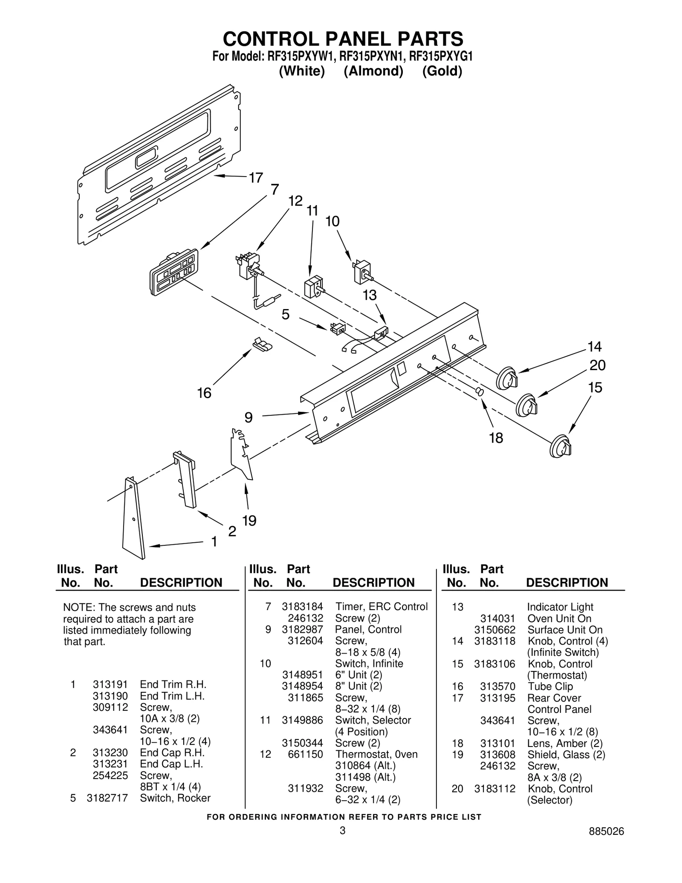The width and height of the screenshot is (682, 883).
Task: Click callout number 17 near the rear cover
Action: [256, 178]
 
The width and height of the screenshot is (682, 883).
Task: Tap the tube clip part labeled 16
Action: [262, 344]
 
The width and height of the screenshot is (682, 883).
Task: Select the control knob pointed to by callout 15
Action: [560, 446]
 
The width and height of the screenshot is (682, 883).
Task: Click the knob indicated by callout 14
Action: [507, 377]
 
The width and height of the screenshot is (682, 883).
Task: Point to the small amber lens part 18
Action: [480, 391]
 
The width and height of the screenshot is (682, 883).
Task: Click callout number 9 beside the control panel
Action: [249, 417]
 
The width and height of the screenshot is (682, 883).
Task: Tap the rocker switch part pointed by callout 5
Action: [337, 329]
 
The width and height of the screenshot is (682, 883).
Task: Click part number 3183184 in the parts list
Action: [302, 606]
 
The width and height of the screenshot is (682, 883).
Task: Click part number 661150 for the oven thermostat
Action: [305, 754]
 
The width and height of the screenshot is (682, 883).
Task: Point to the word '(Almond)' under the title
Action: [373, 71]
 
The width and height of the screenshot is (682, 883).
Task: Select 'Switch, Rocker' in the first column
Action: [175, 798]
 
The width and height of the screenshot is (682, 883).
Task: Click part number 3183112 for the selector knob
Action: [494, 789]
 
